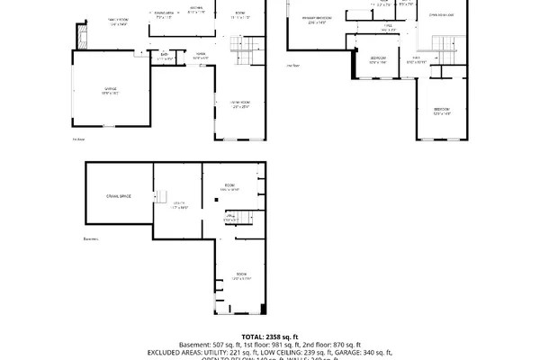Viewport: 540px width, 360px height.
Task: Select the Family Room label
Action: pyautogui.click(x=119, y=21)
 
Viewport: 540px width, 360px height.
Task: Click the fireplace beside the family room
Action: pyautogui.click(x=85, y=37)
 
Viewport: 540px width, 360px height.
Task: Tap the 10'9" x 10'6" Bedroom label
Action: pyautogui.click(x=377, y=61)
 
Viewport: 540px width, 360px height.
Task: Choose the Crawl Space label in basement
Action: pyautogui.click(x=119, y=195)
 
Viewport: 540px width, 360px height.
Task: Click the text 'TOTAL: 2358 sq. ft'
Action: pyautogui.click(x=269, y=336)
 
